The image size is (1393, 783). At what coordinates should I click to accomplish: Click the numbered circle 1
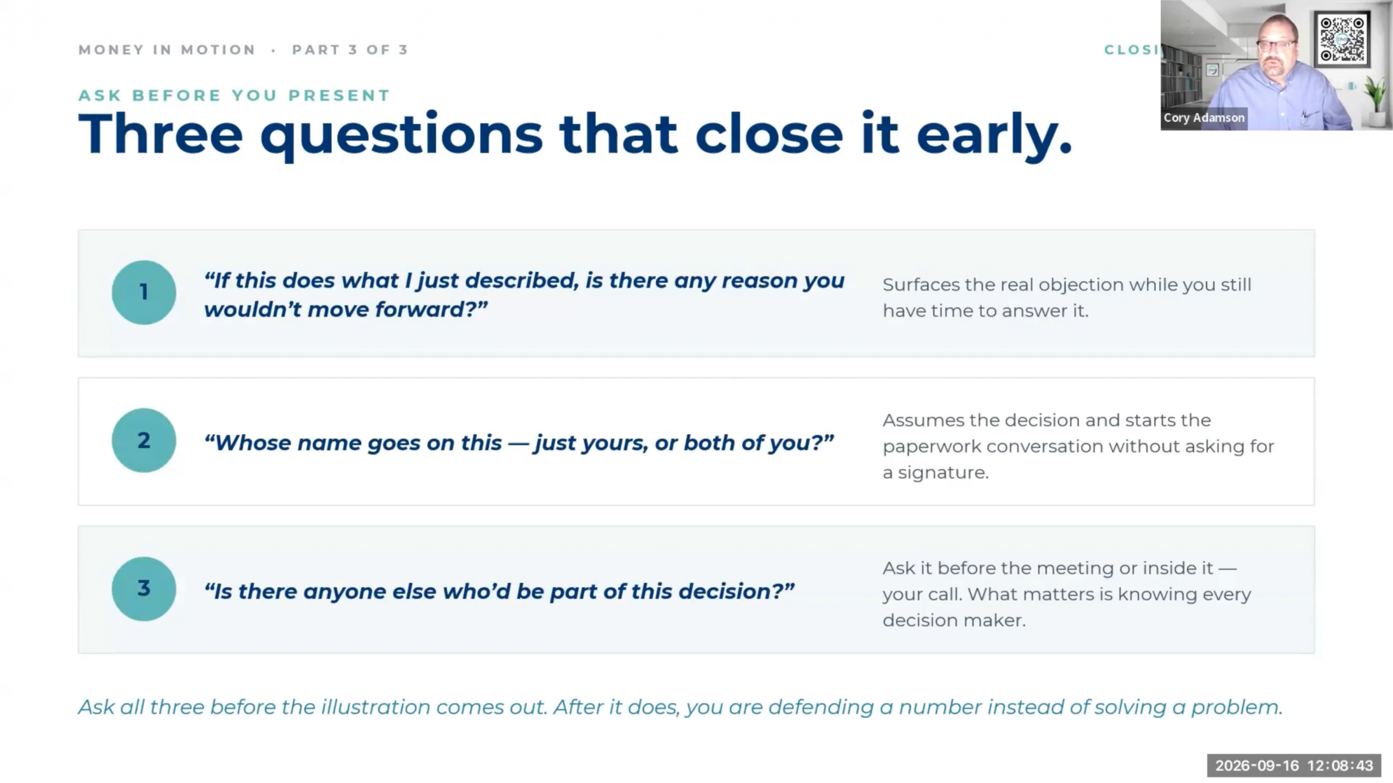click(144, 293)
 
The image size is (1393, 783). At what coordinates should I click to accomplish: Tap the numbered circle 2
click(144, 440)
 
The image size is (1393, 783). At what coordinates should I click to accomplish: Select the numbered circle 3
click(144, 589)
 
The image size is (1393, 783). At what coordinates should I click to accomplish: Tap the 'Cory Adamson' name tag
click(1204, 117)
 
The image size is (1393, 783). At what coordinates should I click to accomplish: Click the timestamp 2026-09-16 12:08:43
click(1294, 766)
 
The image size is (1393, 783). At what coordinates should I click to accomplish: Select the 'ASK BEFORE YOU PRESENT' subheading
click(234, 96)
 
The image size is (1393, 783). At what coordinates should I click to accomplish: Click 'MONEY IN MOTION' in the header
click(167, 50)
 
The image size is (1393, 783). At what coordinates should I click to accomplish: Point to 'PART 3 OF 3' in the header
click(350, 50)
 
